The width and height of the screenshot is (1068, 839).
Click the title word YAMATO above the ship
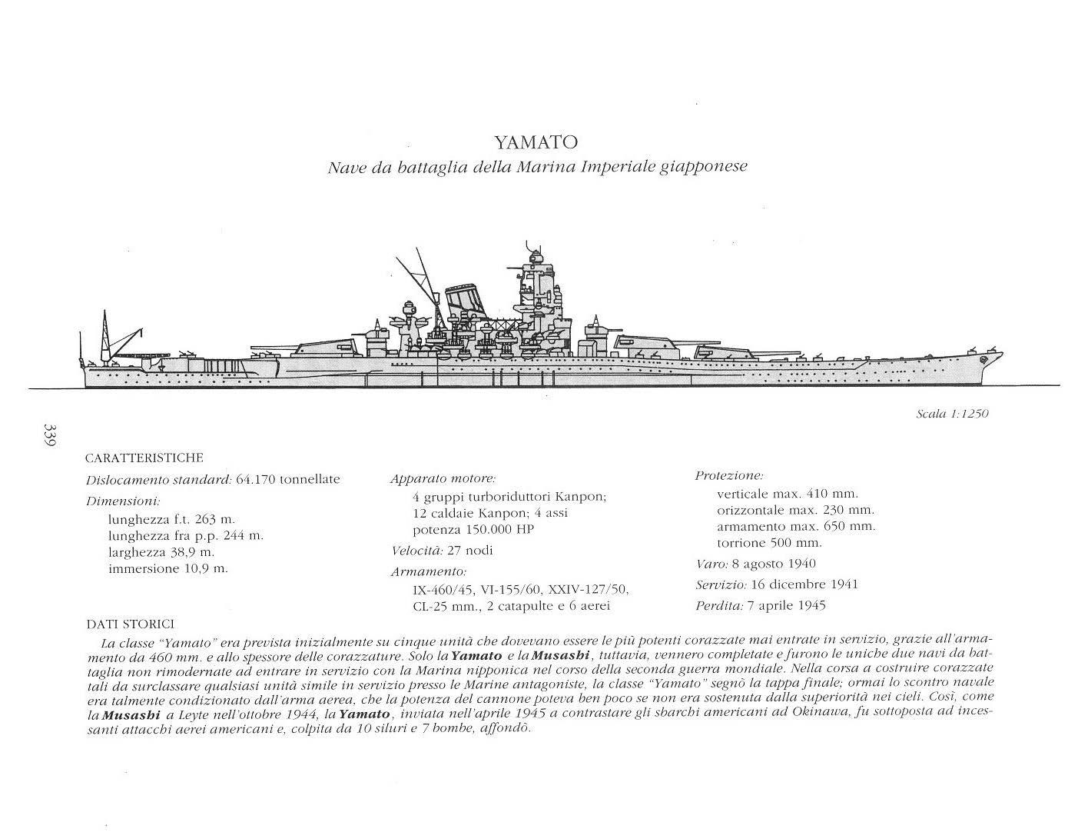[x=536, y=142]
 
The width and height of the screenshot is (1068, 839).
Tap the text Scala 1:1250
[x=952, y=414]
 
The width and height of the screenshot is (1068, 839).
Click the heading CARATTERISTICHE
[x=144, y=458]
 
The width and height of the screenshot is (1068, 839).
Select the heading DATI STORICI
[x=130, y=624]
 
